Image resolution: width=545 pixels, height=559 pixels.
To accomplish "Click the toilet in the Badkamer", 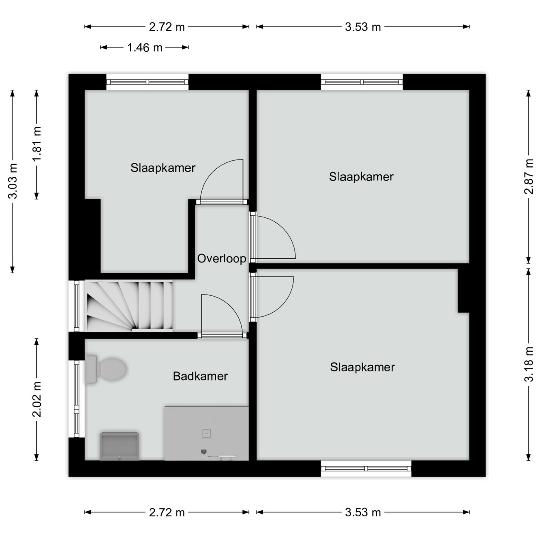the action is (106, 369).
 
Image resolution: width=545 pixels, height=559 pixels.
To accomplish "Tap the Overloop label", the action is (222, 258).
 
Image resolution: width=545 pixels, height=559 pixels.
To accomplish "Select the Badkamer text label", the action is (200, 376).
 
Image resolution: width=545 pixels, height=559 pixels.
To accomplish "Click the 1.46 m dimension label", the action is (144, 47).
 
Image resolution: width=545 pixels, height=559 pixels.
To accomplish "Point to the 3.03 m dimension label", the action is (12, 181).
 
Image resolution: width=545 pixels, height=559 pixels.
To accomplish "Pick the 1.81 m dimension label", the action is (37, 144).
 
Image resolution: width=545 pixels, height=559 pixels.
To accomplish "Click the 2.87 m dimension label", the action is (529, 176).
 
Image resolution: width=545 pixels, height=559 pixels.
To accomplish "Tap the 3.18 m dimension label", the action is (529, 364).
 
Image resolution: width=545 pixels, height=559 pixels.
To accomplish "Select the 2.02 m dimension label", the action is (37, 399).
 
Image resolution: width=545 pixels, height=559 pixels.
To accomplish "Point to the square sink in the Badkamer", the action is (120, 446).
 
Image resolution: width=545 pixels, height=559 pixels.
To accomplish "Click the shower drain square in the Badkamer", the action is (207, 434).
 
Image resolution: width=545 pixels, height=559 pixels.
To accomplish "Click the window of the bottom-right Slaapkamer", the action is (366, 469).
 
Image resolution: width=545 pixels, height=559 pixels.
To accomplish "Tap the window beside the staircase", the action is (76, 306).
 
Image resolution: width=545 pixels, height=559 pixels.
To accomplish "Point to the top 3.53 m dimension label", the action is (363, 27).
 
